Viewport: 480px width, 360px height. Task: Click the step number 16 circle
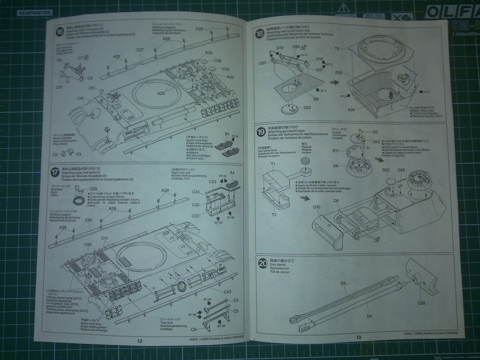pyautogui.click(x=60, y=32)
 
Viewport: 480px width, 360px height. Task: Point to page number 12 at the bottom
pyautogui.click(x=140, y=341)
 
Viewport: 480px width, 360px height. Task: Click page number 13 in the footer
pyautogui.click(x=358, y=337)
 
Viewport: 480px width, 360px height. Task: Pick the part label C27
pyautogui.click(x=140, y=50)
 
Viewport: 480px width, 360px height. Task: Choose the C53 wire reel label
pyautogui.click(x=93, y=189)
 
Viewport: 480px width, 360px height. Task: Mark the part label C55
pyautogui.click(x=89, y=220)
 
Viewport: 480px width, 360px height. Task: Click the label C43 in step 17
pyautogui.click(x=227, y=292)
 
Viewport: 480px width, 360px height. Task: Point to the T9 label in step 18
pyautogui.click(x=337, y=49)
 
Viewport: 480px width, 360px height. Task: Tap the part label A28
pyautogui.click(x=351, y=109)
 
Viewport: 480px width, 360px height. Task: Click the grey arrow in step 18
pyautogui.click(x=334, y=82)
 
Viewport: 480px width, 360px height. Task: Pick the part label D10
pyautogui.click(x=316, y=207)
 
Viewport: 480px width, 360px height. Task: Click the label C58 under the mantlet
pyautogui.click(x=421, y=303)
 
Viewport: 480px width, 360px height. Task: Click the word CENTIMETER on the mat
pyautogui.click(x=34, y=13)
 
